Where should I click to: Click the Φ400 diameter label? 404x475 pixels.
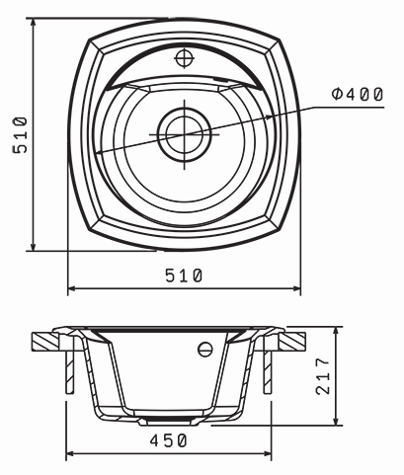click(x=358, y=94)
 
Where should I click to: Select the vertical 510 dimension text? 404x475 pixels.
click(x=20, y=134)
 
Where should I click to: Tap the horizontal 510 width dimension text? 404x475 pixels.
click(x=184, y=276)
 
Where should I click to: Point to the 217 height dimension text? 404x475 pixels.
click(x=323, y=376)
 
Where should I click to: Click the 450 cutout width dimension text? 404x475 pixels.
click(x=169, y=440)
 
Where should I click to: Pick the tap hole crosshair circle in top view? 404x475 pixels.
click(x=184, y=58)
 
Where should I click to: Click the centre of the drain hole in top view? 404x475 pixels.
click(x=185, y=134)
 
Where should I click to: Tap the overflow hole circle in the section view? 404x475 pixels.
click(x=205, y=349)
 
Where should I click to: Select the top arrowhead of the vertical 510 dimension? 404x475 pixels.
click(x=33, y=23)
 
